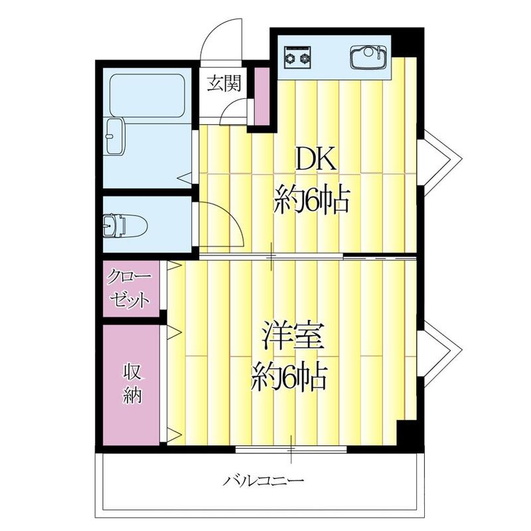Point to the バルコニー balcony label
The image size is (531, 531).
coord(264,479)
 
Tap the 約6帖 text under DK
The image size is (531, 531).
coord(312,198)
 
